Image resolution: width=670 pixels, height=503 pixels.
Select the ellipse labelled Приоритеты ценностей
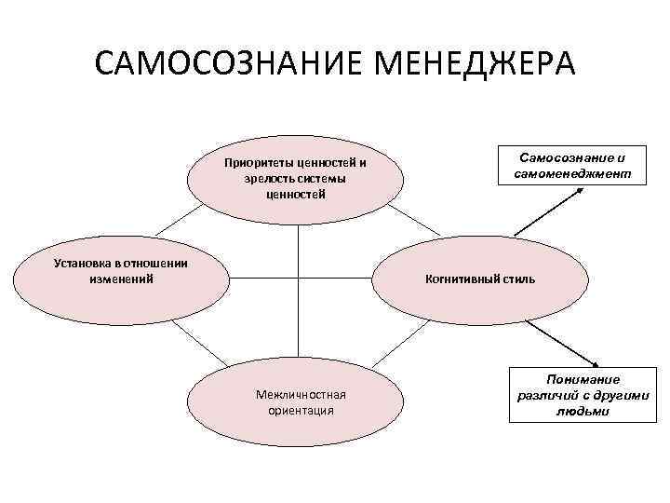coord(295,178)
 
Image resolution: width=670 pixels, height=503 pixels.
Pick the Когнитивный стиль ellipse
coord(480,279)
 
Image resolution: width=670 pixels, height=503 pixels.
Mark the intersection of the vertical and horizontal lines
coord(298,277)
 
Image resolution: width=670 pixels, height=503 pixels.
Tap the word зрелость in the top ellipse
coord(269,179)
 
